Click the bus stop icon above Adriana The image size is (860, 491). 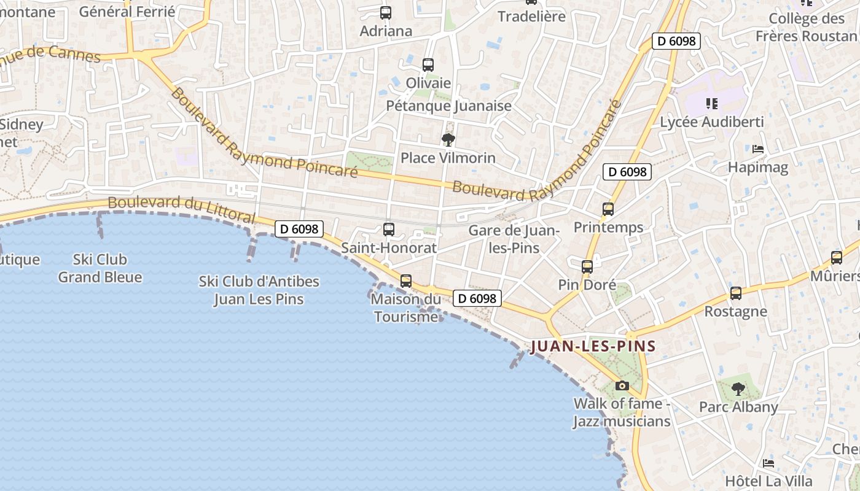click(x=385, y=12)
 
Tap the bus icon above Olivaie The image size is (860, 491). click(x=428, y=64)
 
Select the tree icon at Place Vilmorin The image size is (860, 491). click(x=448, y=140)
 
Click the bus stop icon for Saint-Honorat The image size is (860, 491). click(x=389, y=230)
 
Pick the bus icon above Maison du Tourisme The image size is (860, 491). click(x=406, y=281)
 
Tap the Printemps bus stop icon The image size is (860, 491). click(x=608, y=209)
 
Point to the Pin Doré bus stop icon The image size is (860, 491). click(x=587, y=266)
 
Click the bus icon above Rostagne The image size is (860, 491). click(x=736, y=293)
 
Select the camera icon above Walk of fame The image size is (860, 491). click(x=622, y=386)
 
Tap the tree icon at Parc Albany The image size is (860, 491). click(x=738, y=389)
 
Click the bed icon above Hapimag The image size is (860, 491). click(x=758, y=149)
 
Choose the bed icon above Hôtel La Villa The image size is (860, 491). click(x=768, y=463)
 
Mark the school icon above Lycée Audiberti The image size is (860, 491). click(x=712, y=104)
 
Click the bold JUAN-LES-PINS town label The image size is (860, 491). click(x=593, y=346)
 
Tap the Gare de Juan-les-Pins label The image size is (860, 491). click(x=514, y=239)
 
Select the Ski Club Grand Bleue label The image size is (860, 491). click(x=100, y=268)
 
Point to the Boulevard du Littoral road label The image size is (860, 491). click(x=181, y=209)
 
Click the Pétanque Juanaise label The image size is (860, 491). click(x=448, y=106)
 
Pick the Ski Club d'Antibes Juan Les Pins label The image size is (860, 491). click(x=259, y=290)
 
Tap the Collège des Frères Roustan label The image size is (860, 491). click(x=807, y=28)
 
